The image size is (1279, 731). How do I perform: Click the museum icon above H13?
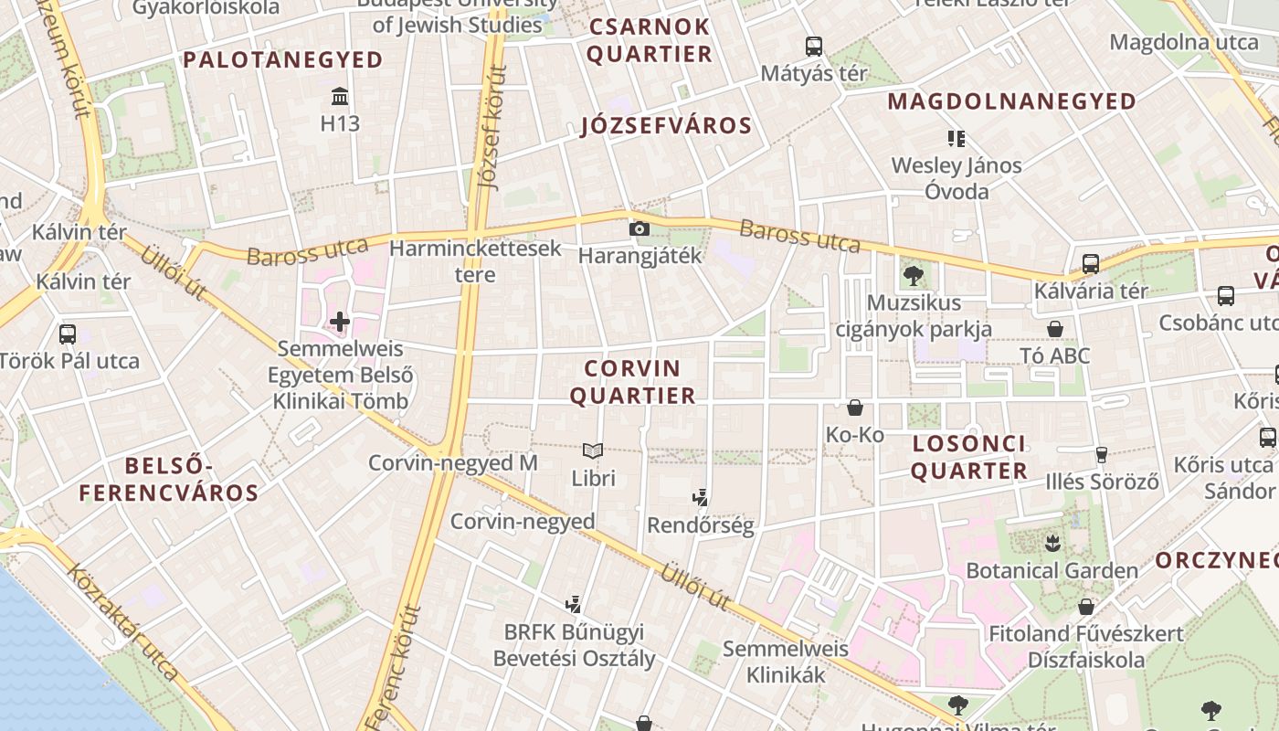(340, 96)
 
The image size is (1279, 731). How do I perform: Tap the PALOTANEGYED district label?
(283, 60)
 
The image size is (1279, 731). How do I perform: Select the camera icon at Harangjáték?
(639, 228)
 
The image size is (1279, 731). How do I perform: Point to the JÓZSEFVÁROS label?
(666, 126)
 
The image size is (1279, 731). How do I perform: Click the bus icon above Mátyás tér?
(813, 46)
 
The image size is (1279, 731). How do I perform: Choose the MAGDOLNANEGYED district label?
(1011, 101)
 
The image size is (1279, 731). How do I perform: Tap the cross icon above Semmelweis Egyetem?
(340, 321)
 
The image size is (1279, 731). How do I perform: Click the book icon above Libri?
(593, 450)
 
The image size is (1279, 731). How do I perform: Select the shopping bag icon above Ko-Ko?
(855, 408)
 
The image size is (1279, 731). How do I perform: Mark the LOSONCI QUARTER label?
(968, 458)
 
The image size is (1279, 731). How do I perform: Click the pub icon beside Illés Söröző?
(1101, 454)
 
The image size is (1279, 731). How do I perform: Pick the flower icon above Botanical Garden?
(1052, 544)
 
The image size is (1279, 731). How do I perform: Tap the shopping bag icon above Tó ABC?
(1055, 329)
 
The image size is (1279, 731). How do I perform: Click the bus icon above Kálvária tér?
(1090, 264)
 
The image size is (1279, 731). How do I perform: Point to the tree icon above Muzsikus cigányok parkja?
(913, 275)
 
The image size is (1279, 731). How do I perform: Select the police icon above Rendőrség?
(701, 498)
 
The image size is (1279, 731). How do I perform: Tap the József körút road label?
(492, 127)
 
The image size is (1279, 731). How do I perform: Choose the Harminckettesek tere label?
(475, 261)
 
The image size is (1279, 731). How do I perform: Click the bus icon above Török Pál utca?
(68, 334)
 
